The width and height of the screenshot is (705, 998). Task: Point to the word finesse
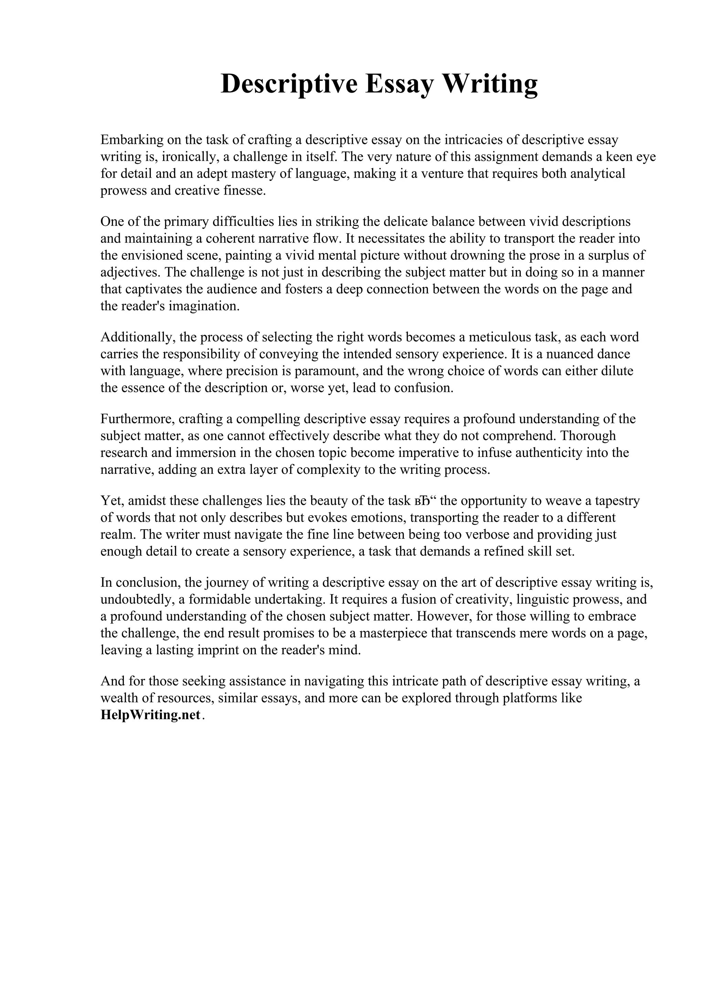[x=243, y=191]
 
